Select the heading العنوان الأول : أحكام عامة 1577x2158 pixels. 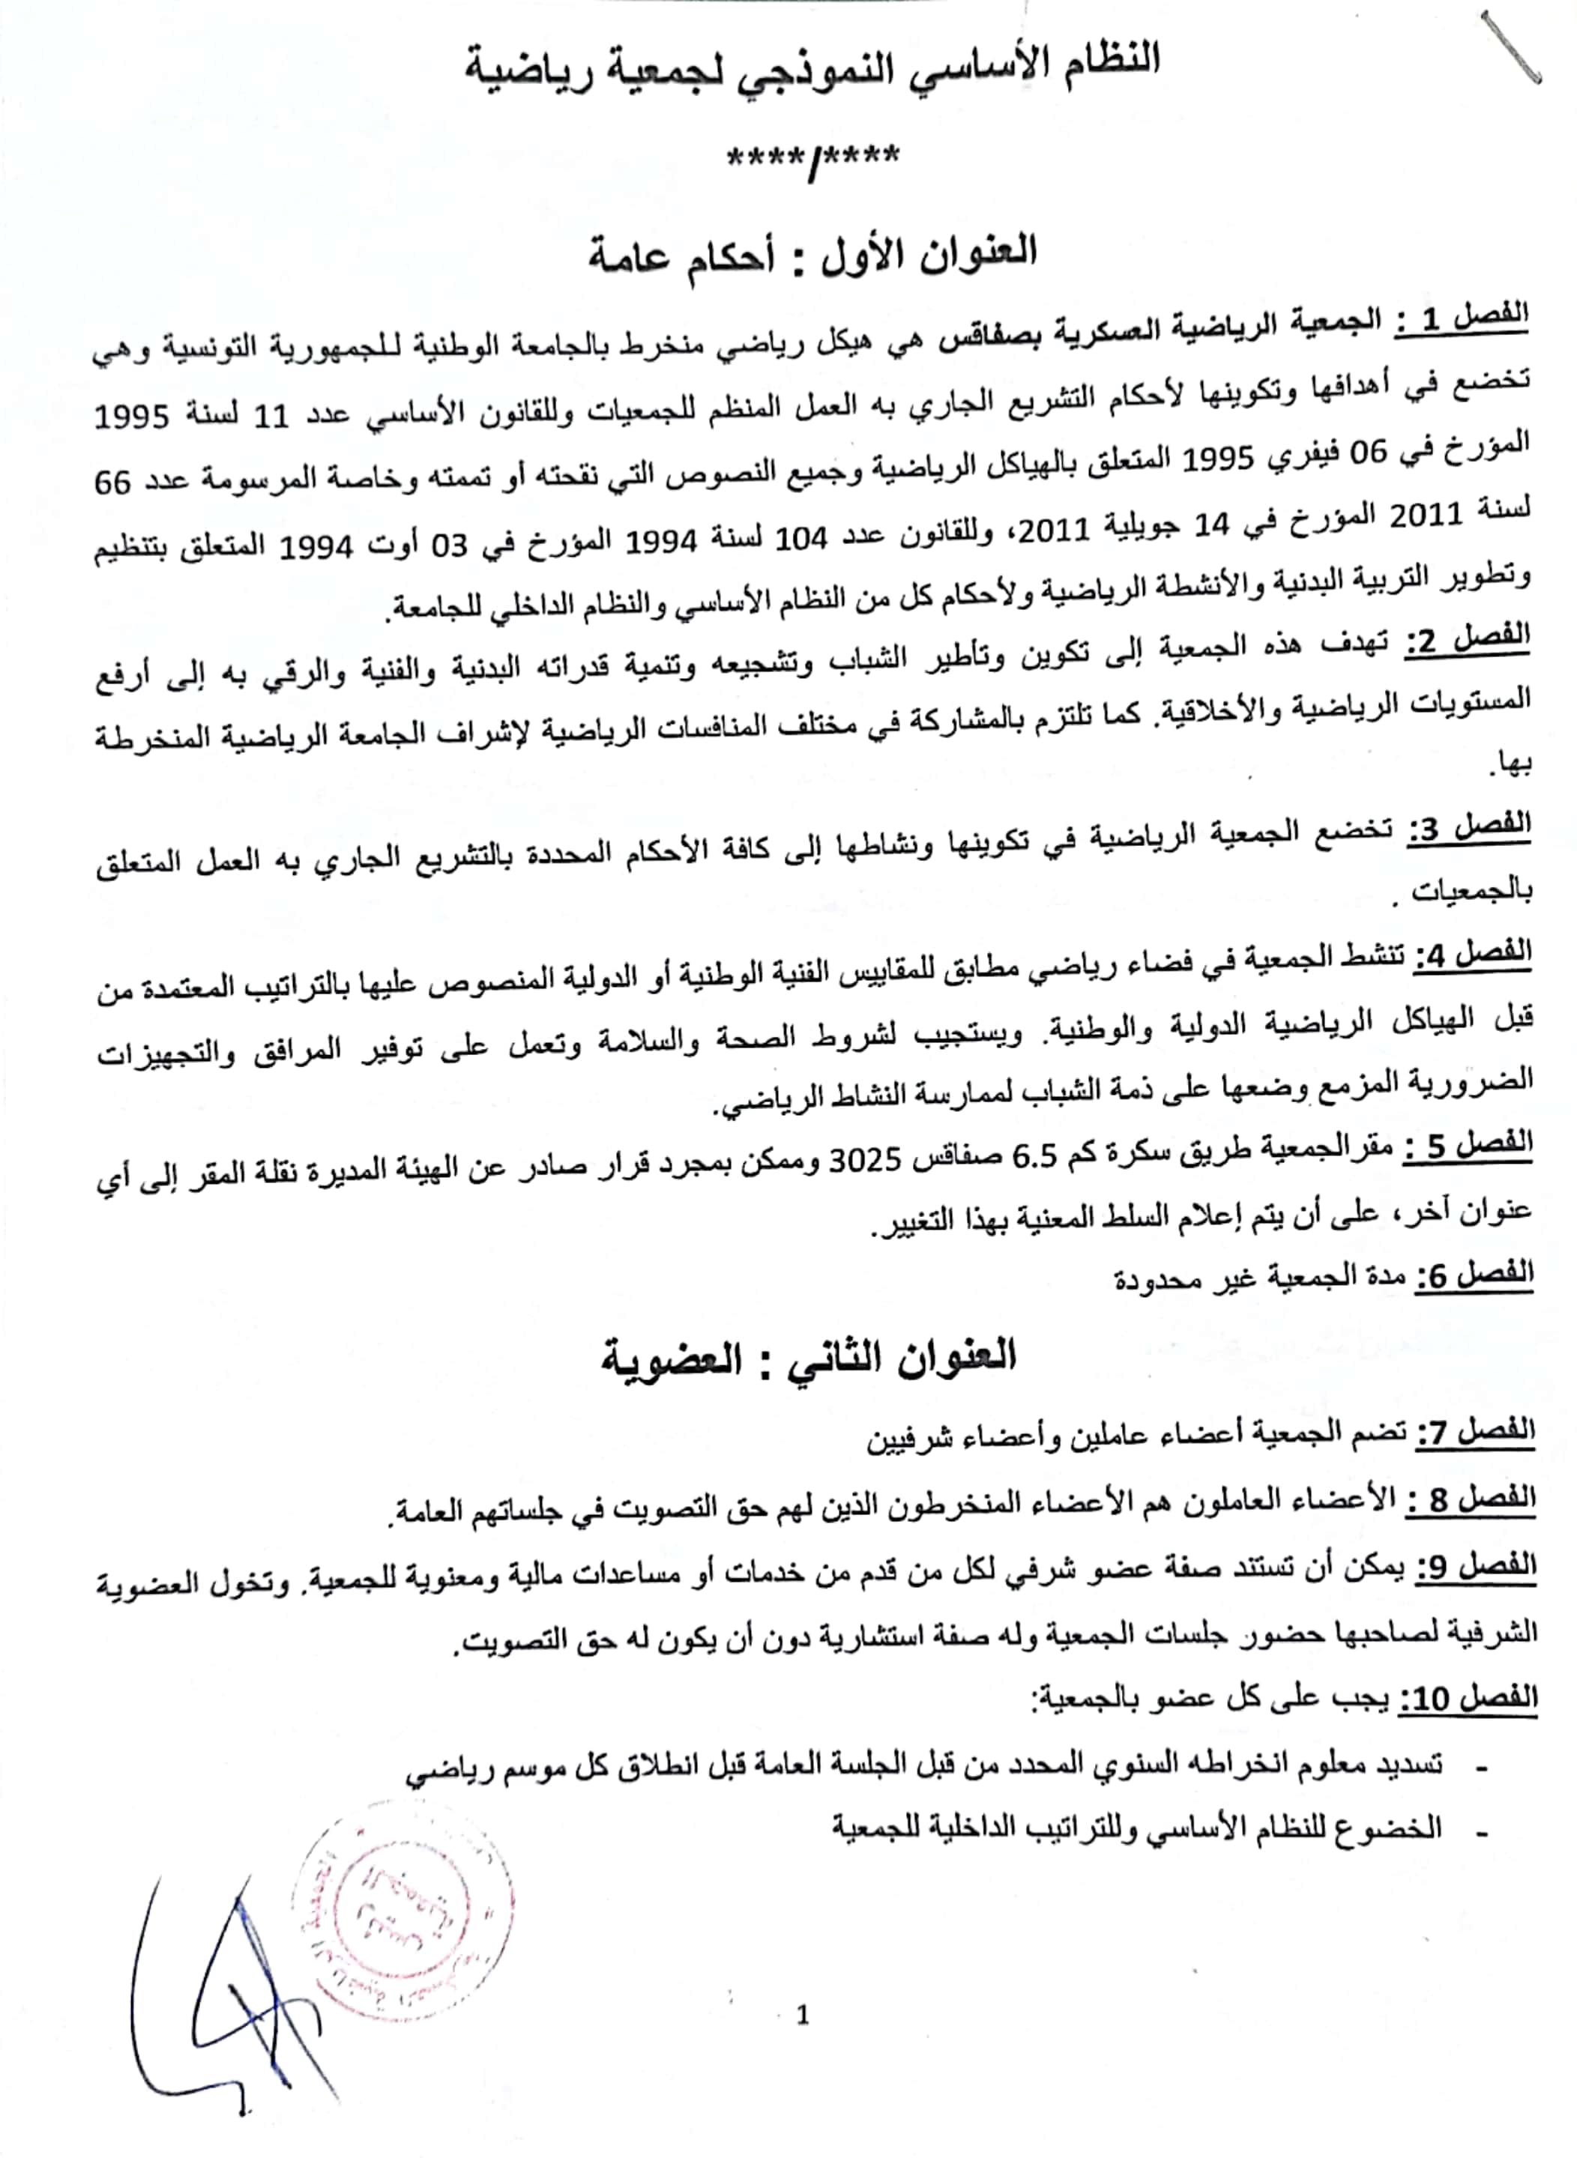[813, 254]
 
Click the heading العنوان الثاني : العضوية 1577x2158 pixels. [809, 1356]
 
